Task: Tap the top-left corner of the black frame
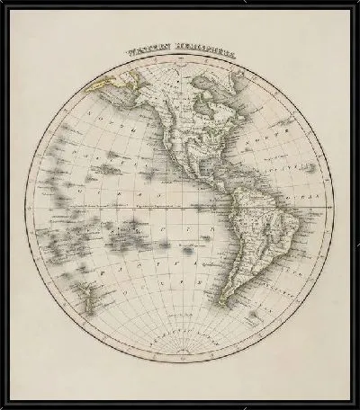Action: click(x=4, y=4)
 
